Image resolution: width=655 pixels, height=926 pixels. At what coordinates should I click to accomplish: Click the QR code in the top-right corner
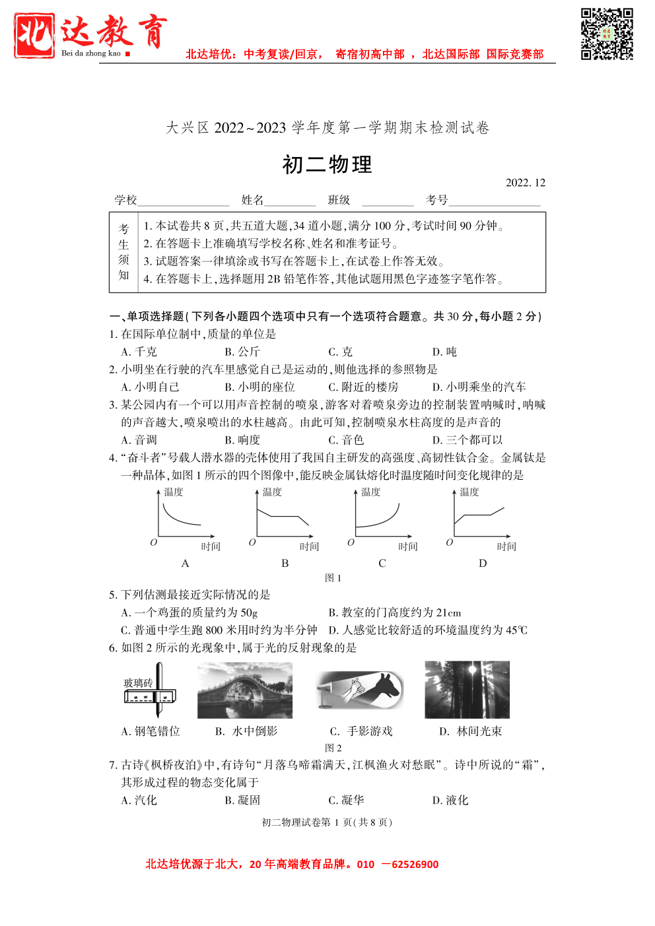click(x=607, y=34)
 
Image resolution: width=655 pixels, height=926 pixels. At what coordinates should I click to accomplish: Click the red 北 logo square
click(x=34, y=36)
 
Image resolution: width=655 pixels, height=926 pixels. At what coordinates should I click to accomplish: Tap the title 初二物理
click(x=327, y=164)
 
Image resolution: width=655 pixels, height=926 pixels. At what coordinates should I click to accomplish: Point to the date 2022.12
click(x=526, y=183)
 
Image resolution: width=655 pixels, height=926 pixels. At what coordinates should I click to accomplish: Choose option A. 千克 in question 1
click(x=139, y=352)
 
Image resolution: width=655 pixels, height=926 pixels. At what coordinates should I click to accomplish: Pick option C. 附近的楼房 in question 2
click(x=364, y=387)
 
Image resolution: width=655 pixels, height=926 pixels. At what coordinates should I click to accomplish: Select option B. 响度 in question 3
click(x=242, y=440)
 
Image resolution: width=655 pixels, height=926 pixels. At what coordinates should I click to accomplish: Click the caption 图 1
click(x=333, y=578)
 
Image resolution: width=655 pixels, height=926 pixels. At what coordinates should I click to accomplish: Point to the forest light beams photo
click(x=467, y=690)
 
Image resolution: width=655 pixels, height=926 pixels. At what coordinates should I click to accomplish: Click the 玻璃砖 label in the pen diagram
click(x=138, y=682)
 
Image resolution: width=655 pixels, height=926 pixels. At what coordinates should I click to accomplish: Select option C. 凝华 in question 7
click(x=346, y=800)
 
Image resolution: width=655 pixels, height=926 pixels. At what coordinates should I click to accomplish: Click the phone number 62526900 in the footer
click(x=415, y=865)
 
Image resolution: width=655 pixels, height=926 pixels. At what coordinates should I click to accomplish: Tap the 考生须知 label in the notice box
click(x=123, y=252)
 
